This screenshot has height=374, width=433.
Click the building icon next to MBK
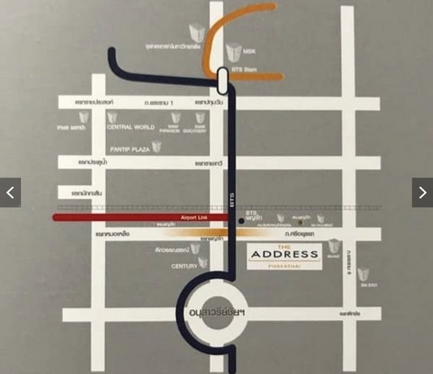click(x=233, y=53)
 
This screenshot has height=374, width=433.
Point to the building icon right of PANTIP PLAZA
click(x=157, y=147)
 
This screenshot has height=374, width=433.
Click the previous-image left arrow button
click(x=10, y=193)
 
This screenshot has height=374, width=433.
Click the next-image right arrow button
click(x=422, y=193)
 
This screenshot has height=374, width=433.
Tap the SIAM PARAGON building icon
click(x=176, y=119)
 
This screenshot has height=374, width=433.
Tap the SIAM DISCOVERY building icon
click(x=201, y=119)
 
